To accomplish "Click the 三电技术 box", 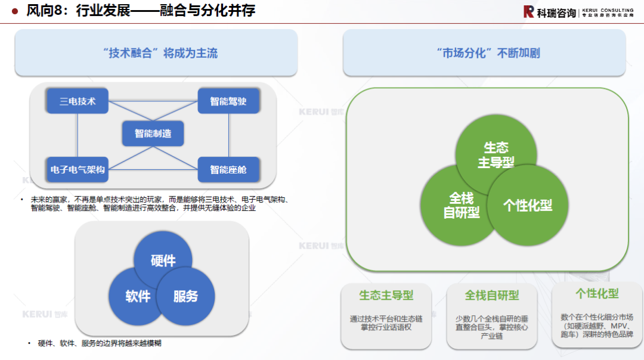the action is coord(78,101).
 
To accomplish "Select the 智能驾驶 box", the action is coord(228,101).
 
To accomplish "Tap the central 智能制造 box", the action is coord(153,134).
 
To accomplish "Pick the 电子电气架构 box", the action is coord(78,170).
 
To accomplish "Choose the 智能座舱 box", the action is coord(228,170).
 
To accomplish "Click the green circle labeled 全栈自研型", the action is coord(453,206).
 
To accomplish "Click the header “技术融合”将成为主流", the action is coord(156,53).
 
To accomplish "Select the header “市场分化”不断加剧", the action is coord(484,53).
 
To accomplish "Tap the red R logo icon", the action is coord(528,11).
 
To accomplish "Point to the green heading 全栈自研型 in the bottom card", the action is coord(492,296).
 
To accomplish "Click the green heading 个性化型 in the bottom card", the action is coord(597,293).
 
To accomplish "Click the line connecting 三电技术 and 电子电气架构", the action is coord(78,135).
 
